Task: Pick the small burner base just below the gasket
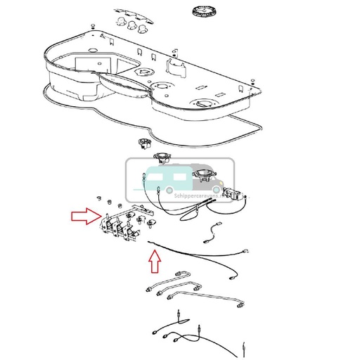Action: [x=146, y=143]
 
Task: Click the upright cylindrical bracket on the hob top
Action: [x=174, y=67]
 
